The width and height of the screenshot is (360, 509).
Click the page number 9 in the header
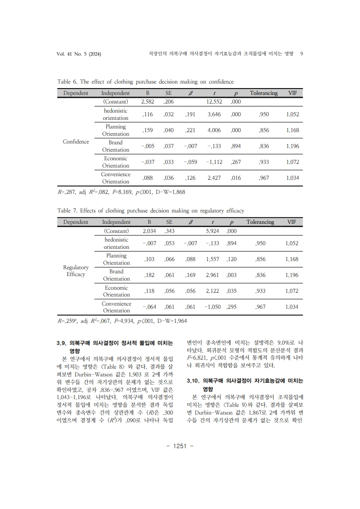(x=302, y=54)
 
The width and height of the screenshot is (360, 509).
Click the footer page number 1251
(x=180, y=446)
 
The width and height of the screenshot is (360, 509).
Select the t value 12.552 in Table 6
(x=214, y=102)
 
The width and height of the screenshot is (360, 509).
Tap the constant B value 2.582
(x=148, y=102)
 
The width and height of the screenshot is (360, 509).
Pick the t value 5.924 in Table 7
(x=212, y=231)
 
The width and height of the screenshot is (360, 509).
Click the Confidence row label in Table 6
(x=76, y=142)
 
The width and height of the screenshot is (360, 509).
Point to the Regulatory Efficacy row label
(x=76, y=271)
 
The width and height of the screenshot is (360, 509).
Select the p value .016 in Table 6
(x=236, y=178)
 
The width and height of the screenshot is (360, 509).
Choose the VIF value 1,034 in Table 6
(x=293, y=178)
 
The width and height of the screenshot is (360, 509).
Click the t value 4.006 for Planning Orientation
(x=214, y=130)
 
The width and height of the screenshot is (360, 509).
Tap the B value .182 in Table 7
(x=149, y=275)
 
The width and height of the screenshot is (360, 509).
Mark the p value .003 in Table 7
(x=232, y=275)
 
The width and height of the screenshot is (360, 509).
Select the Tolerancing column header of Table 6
(x=263, y=93)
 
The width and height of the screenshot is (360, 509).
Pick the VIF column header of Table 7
(x=291, y=222)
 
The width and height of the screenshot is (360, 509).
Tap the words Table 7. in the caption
(x=67, y=211)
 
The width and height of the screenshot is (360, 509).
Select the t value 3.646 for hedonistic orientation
(x=214, y=114)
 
